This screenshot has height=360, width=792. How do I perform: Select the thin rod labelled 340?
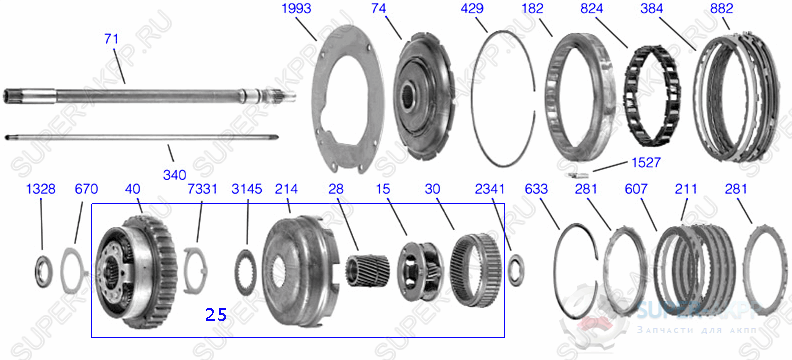pos(150,138)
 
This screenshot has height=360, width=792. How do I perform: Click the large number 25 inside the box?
pos(215,314)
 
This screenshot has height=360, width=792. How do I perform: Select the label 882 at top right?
pos(721,8)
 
